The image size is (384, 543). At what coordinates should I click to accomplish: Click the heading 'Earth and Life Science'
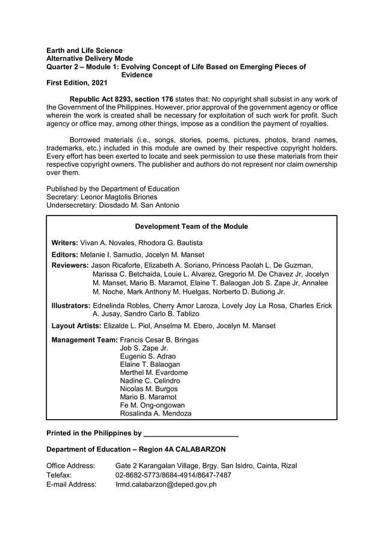[x=84, y=51]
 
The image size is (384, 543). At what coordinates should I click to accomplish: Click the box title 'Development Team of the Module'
[x=191, y=226]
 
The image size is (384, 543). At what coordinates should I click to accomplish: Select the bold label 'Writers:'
[x=64, y=243]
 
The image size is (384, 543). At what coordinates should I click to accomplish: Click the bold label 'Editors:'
[x=64, y=255]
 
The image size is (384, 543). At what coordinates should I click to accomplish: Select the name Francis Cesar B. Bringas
[x=159, y=340]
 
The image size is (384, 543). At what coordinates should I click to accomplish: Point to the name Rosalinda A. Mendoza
[x=156, y=414]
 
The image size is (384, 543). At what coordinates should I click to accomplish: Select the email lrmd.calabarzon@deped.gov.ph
[x=166, y=484]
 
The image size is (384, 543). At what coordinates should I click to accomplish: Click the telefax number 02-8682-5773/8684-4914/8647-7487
[x=173, y=475]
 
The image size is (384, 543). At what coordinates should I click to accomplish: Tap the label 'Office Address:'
[x=70, y=466]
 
